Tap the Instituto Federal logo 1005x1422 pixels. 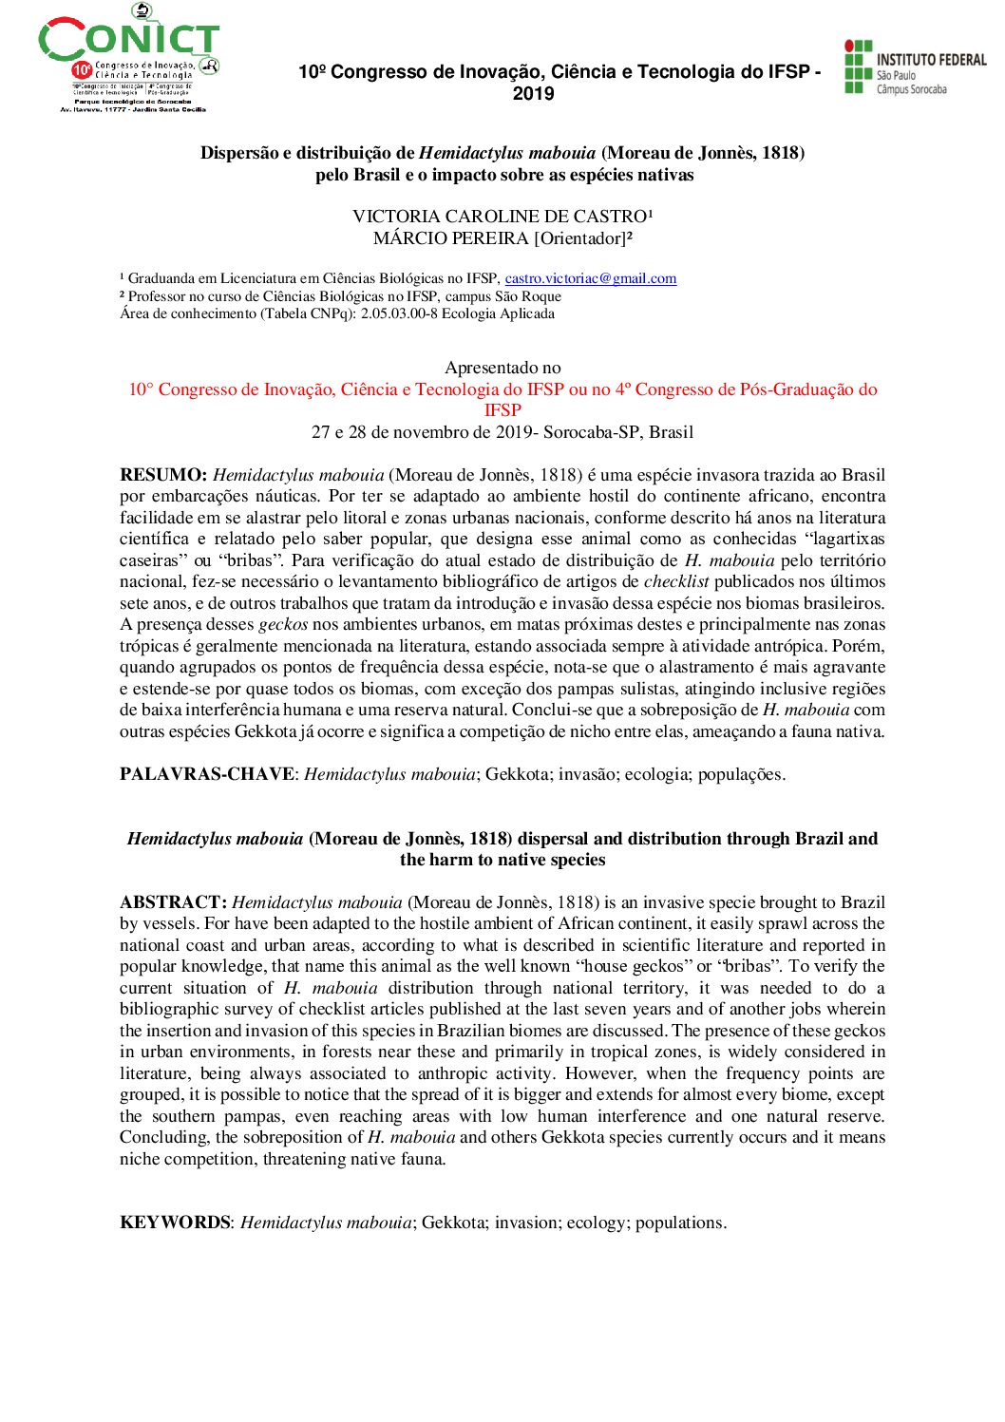(x=914, y=68)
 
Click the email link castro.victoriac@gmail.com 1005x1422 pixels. (x=590, y=278)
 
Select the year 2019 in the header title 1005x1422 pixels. (x=533, y=93)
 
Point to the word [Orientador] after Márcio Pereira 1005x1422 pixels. (x=579, y=238)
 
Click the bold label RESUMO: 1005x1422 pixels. (x=162, y=475)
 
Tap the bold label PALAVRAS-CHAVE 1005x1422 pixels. (x=206, y=774)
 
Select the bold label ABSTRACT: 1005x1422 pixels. (x=173, y=902)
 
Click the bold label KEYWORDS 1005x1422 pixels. (x=175, y=1223)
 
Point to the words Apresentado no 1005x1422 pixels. (x=502, y=368)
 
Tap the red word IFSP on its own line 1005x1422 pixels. (x=502, y=410)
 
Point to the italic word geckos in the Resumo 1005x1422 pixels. (x=283, y=624)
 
